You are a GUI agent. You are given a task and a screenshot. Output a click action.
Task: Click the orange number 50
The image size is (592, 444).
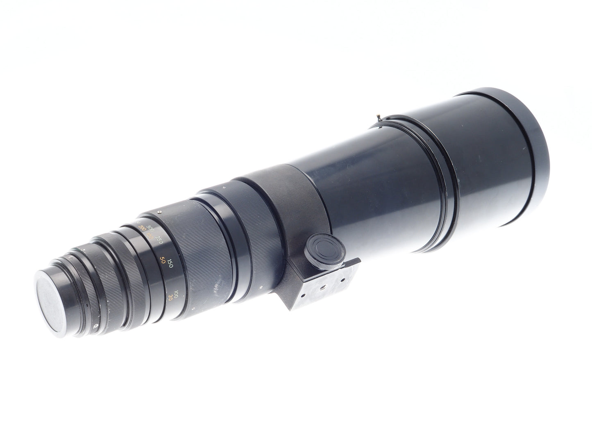click(x=162, y=260)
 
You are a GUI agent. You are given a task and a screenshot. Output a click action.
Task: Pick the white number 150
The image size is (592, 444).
click(x=170, y=263)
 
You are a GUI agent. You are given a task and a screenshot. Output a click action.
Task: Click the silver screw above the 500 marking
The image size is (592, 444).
click(x=159, y=212)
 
